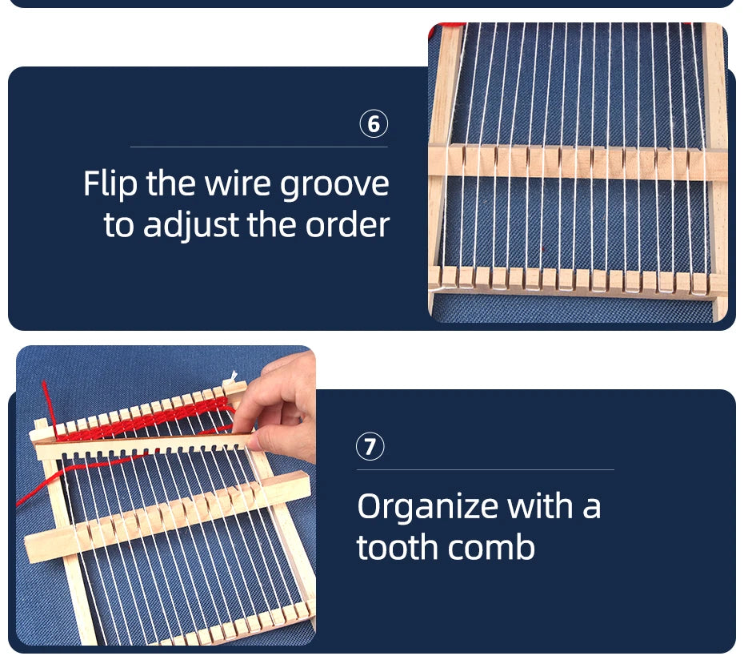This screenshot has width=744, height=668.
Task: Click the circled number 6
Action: [374, 123]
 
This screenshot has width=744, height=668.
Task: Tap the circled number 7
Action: [370, 447]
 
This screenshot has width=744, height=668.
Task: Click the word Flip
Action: [110, 184]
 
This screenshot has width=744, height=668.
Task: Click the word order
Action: [347, 225]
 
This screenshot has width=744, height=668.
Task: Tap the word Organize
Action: [427, 508]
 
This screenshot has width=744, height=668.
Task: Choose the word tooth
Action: [397, 547]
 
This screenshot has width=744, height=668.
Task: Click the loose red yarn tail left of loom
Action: [71, 475]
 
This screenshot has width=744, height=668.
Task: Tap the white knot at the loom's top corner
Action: [232, 377]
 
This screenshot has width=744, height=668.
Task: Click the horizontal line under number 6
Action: [259, 147]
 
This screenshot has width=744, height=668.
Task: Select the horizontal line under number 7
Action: [486, 470]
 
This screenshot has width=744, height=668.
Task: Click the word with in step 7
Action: [541, 506]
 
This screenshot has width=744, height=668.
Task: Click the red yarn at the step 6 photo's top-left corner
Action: [446, 26]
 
